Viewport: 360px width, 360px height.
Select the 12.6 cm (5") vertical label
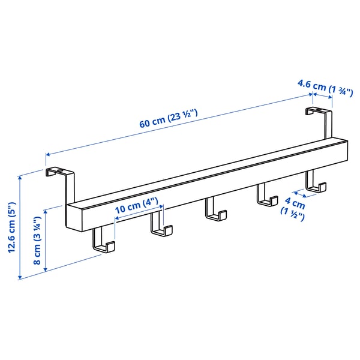coord(11,227)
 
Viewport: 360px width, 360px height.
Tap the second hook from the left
coord(160,226)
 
